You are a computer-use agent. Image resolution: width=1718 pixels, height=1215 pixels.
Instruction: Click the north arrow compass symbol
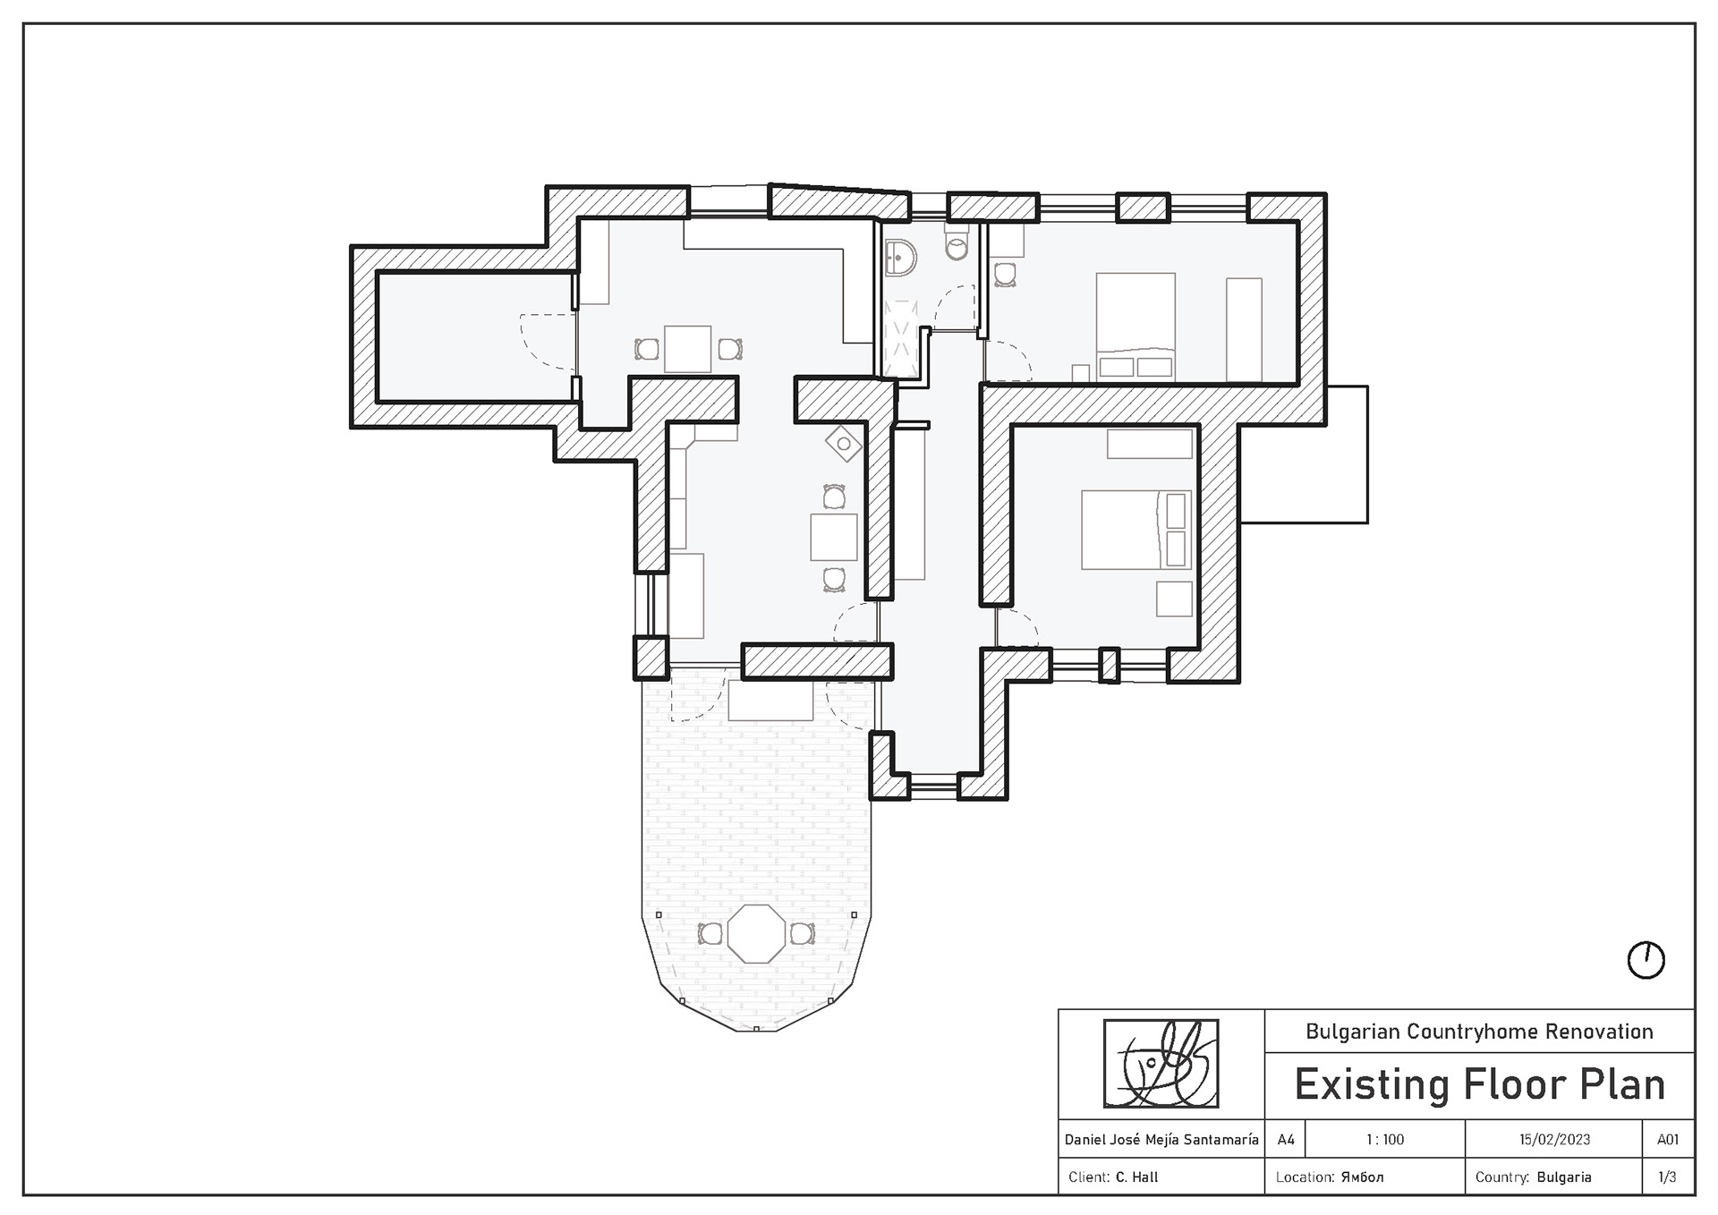(1646, 961)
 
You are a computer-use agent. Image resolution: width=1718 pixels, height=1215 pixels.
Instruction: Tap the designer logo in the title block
(1161, 1064)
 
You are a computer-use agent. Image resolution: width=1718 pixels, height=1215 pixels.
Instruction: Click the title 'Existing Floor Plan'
(1480, 1085)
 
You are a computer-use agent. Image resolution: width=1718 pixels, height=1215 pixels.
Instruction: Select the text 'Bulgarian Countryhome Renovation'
(1479, 1032)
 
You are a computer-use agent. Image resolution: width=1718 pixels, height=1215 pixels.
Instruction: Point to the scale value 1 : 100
(1385, 1140)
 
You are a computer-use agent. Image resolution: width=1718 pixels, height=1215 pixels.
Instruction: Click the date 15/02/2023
(1554, 1140)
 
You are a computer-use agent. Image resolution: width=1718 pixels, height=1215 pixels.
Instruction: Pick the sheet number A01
(1668, 1140)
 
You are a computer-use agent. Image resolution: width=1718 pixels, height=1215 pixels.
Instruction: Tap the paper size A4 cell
(1286, 1140)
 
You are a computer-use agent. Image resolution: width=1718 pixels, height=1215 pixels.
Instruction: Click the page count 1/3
(1667, 1177)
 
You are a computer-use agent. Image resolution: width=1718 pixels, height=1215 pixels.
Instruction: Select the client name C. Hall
(1136, 1177)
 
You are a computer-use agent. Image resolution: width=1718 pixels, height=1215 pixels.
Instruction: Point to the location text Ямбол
(1362, 1177)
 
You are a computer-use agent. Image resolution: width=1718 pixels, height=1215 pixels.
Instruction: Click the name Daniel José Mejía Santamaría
(1161, 1140)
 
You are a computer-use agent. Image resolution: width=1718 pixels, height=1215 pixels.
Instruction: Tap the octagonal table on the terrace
(757, 933)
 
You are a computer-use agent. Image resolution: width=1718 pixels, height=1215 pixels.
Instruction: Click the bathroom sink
(898, 259)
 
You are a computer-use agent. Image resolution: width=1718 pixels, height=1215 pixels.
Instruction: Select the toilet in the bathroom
(957, 242)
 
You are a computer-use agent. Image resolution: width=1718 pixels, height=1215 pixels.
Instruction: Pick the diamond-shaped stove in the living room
(843, 444)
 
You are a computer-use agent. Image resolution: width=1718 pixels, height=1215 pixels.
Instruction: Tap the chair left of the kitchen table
(646, 349)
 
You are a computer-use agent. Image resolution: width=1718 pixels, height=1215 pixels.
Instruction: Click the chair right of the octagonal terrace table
(802, 934)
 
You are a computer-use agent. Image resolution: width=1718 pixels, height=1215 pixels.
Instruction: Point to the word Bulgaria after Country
(1564, 1177)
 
